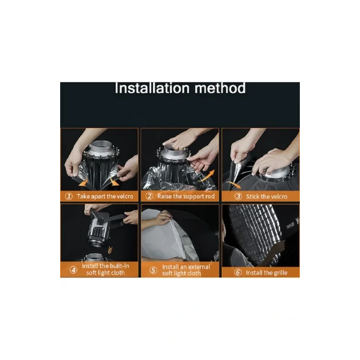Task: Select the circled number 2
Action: pyautogui.click(x=149, y=196)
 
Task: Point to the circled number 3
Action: pyautogui.click(x=238, y=196)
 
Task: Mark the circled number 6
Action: pyautogui.click(x=238, y=273)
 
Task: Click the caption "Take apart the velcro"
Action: pyautogui.click(x=104, y=196)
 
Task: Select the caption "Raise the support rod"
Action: pyautogui.click(x=185, y=196)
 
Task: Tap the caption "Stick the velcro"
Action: pyautogui.click(x=266, y=196)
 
